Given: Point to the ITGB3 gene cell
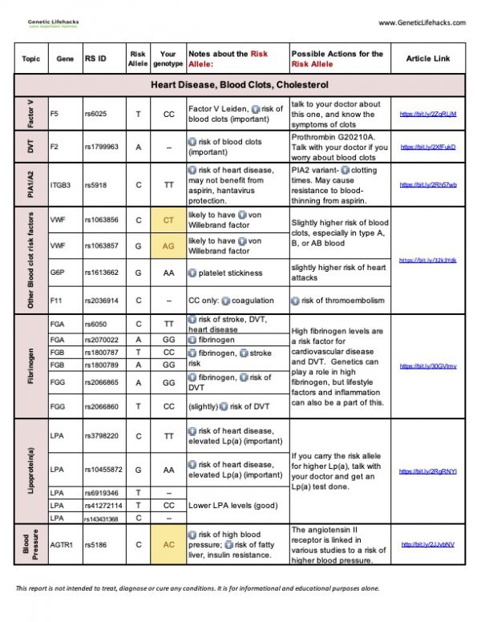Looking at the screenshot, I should coord(61,185).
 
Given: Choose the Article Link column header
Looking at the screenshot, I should coord(428,59).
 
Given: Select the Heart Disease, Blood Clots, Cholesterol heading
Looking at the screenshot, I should coord(240,84).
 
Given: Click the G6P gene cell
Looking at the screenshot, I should coord(58,273).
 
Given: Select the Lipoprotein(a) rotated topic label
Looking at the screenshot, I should coord(30,469).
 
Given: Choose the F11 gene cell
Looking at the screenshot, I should coord(55,301).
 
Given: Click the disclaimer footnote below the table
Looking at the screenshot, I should coord(196,588).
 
